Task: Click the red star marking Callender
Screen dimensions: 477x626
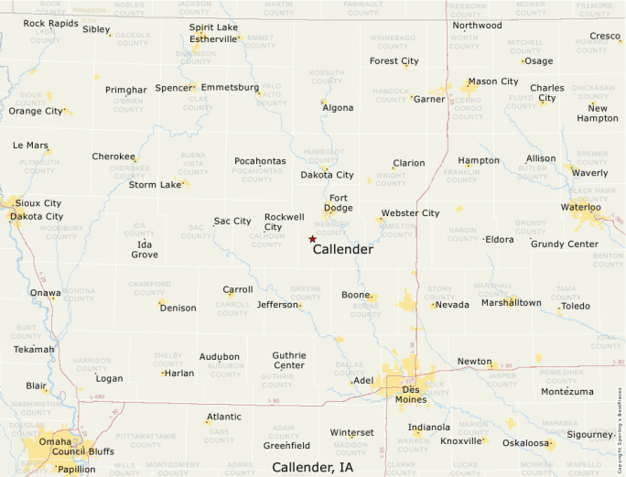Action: [312, 239]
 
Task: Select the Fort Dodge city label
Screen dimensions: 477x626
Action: [340, 203]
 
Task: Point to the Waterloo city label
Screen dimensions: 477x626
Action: [582, 207]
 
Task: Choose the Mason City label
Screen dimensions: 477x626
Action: [493, 81]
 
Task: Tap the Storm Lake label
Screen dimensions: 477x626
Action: [155, 185]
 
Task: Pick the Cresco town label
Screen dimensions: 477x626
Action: [605, 37]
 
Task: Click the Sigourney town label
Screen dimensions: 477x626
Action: [588, 435]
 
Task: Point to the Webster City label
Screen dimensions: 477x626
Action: [410, 213]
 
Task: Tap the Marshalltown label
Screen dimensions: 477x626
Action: [512, 303]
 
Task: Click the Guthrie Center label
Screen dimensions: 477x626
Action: [289, 361]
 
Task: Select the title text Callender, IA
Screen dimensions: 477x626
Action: [312, 468]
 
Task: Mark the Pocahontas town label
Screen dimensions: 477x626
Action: [260, 161]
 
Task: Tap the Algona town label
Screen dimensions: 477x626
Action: [338, 108]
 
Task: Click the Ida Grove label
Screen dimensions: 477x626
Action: [145, 249]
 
